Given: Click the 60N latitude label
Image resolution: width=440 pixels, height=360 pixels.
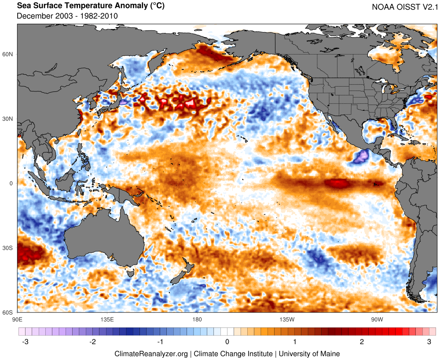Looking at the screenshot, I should point(8,54).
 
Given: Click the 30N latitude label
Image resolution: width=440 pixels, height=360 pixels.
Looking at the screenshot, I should point(8,119).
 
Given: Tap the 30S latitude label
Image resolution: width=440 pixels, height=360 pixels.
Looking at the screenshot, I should point(8,248).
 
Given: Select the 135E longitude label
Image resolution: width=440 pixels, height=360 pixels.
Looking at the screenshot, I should point(107,319).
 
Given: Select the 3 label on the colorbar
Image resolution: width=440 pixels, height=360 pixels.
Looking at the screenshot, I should point(429,342).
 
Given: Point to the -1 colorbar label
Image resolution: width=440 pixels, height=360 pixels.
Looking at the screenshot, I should point(160,342).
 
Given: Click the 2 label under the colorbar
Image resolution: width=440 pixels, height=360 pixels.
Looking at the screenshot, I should point(362,342).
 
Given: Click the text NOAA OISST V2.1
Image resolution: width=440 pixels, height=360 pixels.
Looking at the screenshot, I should point(403,7).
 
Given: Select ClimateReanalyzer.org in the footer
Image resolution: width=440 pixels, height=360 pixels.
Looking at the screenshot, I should point(151,353).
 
